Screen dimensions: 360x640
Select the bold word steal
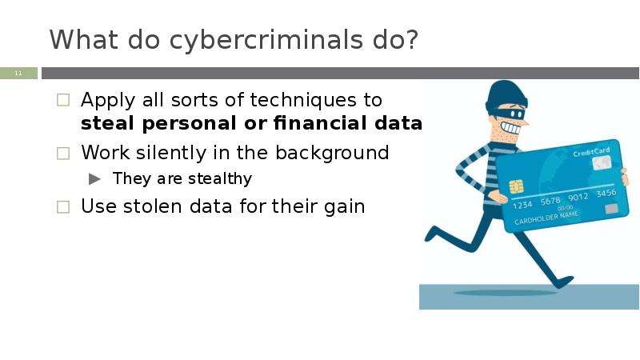point(110,124)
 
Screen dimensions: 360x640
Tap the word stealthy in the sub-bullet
point(218,178)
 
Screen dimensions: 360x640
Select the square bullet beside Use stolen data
point(64,207)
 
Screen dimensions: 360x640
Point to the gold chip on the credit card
point(516,186)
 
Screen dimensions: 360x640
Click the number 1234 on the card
point(524,205)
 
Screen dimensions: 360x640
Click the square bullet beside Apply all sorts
point(64,102)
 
